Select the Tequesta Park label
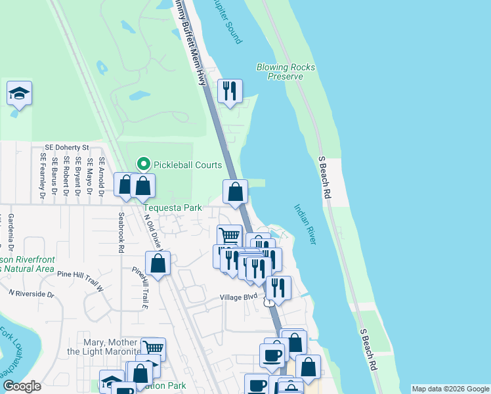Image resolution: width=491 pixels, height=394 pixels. coord(173,208)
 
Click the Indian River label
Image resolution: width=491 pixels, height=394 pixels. coord(305,225)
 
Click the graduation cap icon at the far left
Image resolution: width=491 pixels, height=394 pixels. coord(20,94)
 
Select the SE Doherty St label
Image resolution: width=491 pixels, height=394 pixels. coord(66,148)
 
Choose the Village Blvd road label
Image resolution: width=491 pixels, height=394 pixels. coord(238,297)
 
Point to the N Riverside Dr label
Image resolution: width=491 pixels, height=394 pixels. coord(31,294)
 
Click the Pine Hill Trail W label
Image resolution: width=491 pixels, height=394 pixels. coord(81,278)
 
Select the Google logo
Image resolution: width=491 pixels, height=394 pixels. coord(22,386)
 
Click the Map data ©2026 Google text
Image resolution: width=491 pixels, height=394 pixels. coord(450,389)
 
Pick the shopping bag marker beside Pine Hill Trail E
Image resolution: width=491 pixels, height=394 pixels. coord(158,264)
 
